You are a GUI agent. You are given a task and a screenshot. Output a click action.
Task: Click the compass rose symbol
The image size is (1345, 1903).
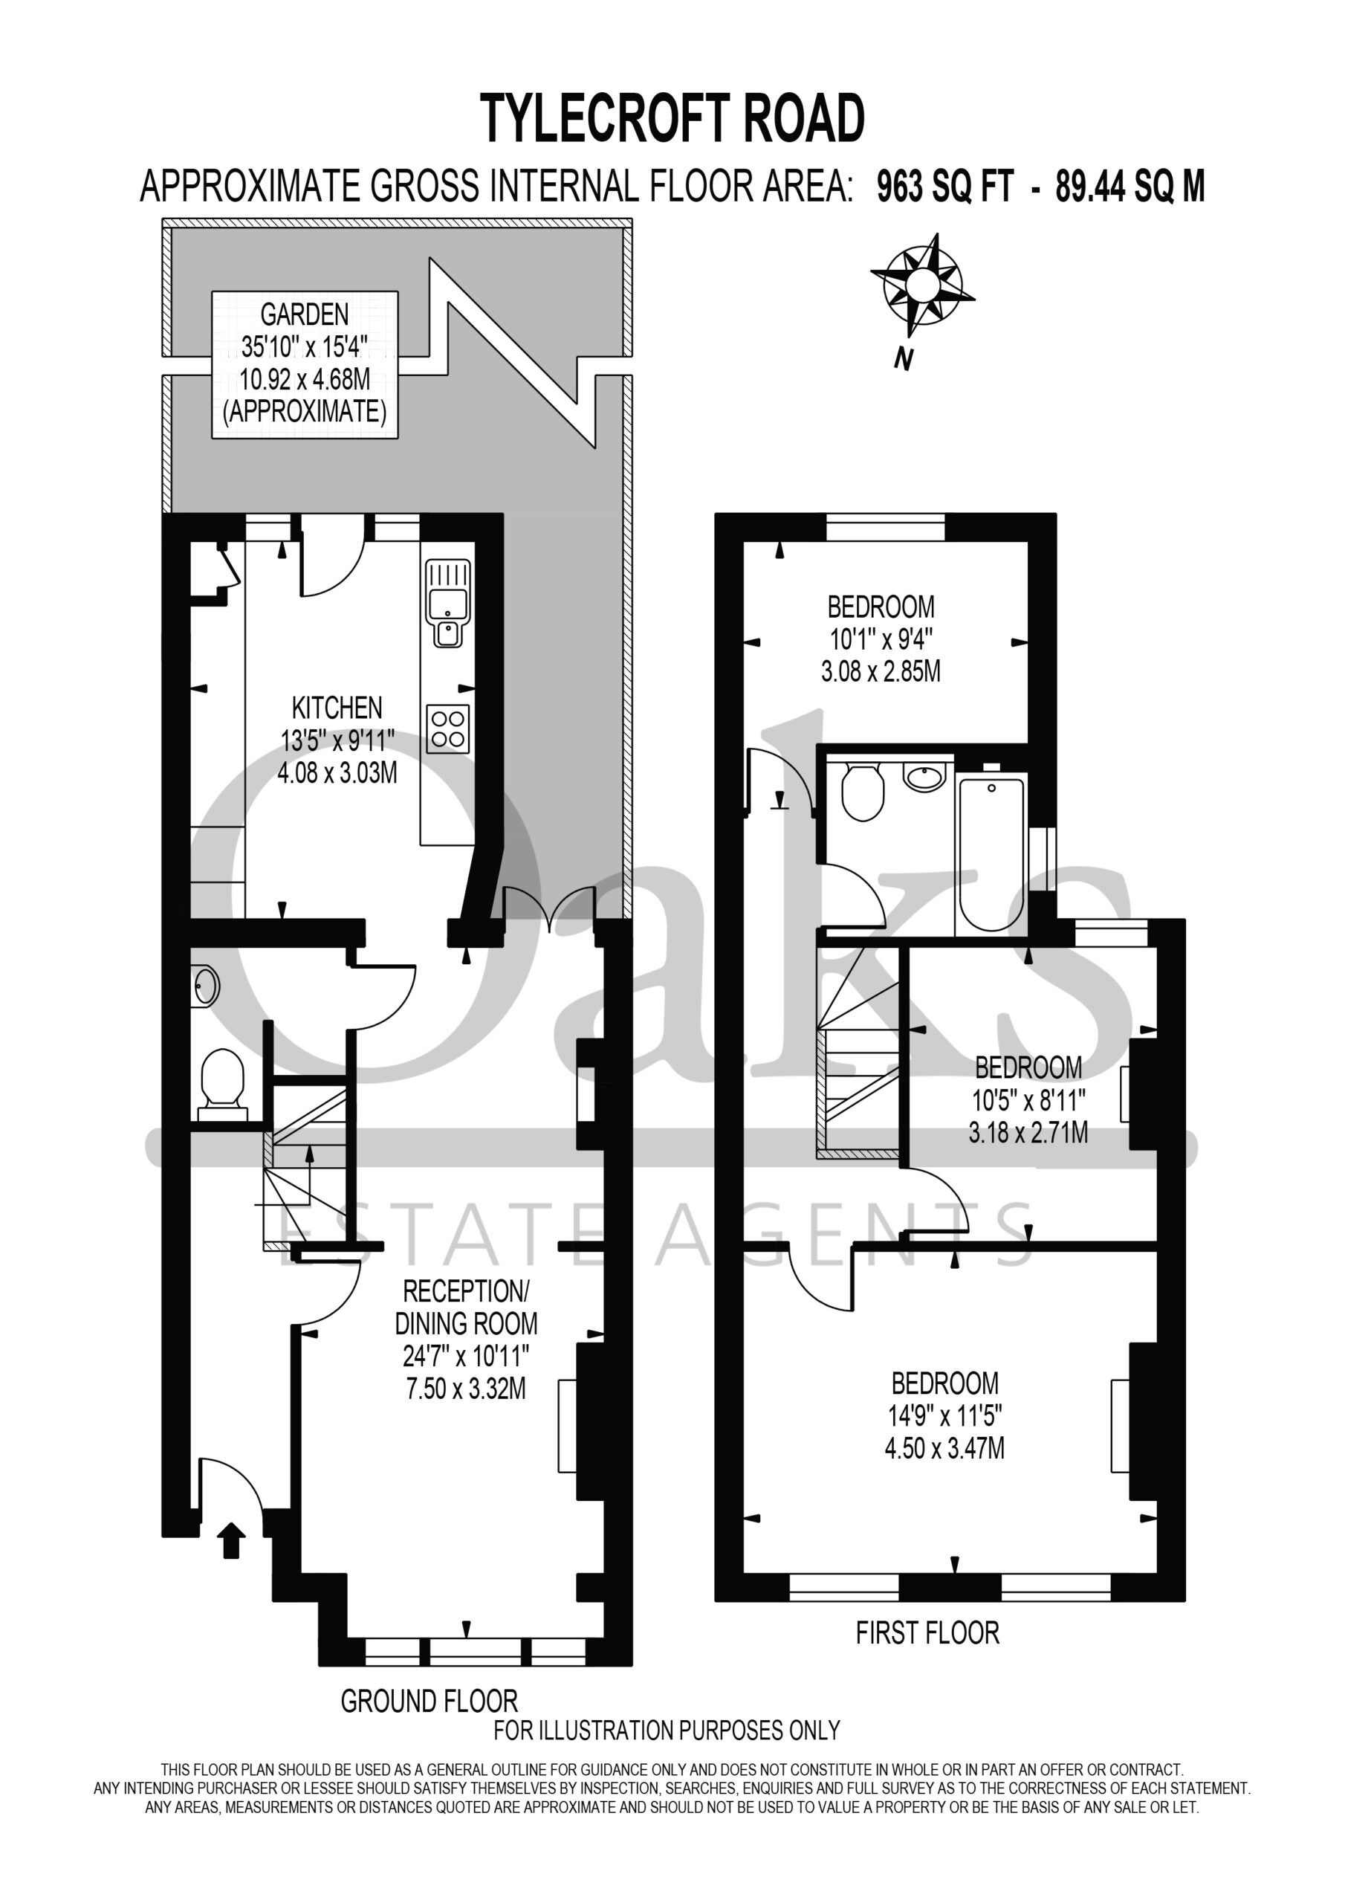[921, 286]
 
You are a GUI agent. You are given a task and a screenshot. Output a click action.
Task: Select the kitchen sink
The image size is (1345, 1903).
[447, 603]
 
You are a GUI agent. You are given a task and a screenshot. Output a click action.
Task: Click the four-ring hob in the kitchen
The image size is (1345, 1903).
[447, 728]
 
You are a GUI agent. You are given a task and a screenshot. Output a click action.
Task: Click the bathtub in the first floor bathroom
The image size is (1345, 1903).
[991, 856]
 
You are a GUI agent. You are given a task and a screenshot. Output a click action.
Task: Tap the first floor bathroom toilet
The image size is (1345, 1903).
[863, 791]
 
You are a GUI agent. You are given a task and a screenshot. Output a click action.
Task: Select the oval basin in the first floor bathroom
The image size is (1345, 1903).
[924, 777]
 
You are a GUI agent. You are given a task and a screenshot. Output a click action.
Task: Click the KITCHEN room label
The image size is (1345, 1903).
[337, 708]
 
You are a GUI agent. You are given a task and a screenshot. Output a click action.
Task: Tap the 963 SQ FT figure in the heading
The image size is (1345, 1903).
[944, 187]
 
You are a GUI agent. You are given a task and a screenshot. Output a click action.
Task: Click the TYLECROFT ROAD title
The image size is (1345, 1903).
[672, 118]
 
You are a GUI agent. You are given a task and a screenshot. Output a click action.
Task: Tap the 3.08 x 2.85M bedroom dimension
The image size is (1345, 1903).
[881, 671]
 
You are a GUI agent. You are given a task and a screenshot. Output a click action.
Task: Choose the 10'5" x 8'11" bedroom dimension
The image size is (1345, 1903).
[1028, 1100]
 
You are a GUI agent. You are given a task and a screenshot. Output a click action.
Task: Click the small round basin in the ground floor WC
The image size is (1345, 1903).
[206, 987]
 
